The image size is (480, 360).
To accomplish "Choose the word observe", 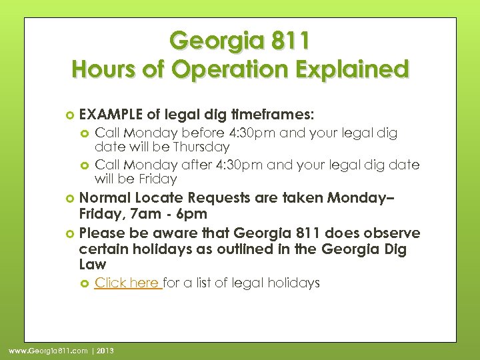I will (x=393, y=233).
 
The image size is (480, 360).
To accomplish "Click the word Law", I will (x=91, y=265).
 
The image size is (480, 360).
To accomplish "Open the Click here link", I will (x=127, y=283).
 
